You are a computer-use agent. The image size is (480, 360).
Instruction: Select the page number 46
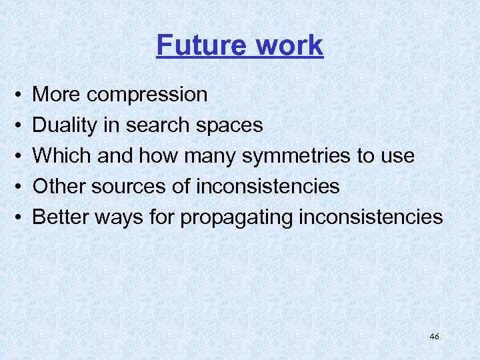435,337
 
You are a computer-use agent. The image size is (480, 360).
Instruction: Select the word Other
57,186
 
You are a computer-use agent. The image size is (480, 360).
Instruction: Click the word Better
61,217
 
